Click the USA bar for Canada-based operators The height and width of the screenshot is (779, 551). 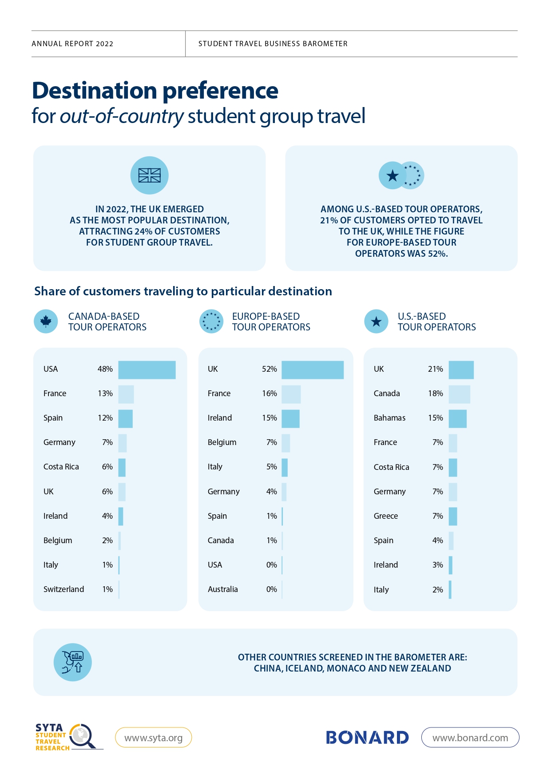pyautogui.click(x=147, y=370)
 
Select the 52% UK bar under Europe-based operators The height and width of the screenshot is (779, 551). pyautogui.click(x=313, y=370)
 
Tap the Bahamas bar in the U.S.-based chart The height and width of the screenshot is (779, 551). pyautogui.click(x=457, y=419)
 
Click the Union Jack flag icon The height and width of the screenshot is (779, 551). pyautogui.click(x=149, y=175)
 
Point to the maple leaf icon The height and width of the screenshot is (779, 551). pyautogui.click(x=46, y=321)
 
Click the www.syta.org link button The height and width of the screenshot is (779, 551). pyautogui.click(x=153, y=738)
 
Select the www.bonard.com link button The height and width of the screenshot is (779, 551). pyautogui.click(x=470, y=738)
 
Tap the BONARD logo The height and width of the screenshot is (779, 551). pyautogui.click(x=367, y=738)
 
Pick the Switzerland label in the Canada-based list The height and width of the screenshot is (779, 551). pyautogui.click(x=63, y=589)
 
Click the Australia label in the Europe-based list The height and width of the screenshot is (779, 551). pyautogui.click(x=222, y=589)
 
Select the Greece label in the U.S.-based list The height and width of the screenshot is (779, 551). pyautogui.click(x=385, y=516)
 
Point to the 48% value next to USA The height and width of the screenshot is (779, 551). pyautogui.click(x=105, y=369)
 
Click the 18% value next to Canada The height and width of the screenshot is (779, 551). pyautogui.click(x=436, y=393)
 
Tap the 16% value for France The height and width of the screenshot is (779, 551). pyautogui.click(x=270, y=393)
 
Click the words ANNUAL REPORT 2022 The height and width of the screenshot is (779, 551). pyautogui.click(x=72, y=44)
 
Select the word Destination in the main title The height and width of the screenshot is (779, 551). pyautogui.click(x=95, y=91)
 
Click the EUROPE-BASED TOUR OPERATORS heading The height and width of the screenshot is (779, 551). pyautogui.click(x=271, y=322)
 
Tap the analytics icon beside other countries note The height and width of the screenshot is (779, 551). pyautogui.click(x=73, y=662)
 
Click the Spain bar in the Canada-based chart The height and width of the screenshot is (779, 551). pyautogui.click(x=125, y=419)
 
